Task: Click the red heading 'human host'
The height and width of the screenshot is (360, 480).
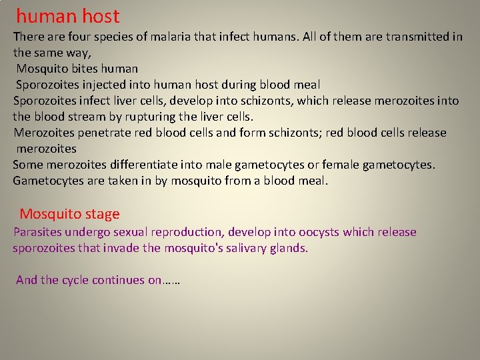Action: pos(67,16)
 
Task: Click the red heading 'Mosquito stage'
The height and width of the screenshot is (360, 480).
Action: pos(69,214)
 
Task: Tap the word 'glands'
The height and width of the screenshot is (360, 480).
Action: pos(289,248)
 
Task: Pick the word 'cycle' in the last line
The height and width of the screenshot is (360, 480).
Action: pos(75,280)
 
